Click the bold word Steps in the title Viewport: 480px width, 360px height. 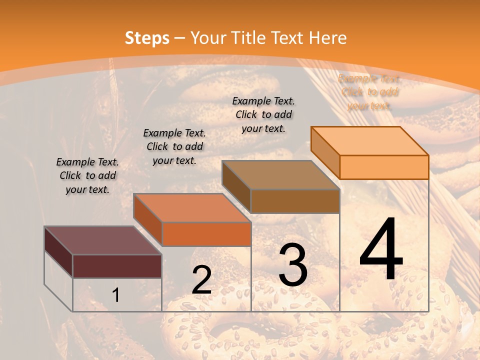pyautogui.click(x=147, y=38)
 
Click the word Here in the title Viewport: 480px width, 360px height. pyautogui.click(x=327, y=38)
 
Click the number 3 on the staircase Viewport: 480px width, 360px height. pyautogui.click(x=293, y=264)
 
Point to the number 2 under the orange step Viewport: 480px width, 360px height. pyautogui.click(x=201, y=280)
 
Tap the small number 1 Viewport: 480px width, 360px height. pyautogui.click(x=115, y=295)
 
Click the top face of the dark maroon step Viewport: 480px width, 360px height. pyautogui.click(x=102, y=240)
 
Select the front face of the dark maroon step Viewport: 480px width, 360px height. pyautogui.click(x=117, y=266)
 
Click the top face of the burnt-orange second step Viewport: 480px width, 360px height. pyautogui.click(x=191, y=208)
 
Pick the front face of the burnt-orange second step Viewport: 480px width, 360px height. pyautogui.click(x=206, y=234)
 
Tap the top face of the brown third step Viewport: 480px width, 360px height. pyautogui.click(x=280, y=175)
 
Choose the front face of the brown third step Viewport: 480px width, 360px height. pyautogui.click(x=295, y=201)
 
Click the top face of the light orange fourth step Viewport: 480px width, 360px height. pyautogui.click(x=369, y=141)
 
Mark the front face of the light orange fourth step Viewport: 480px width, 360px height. pyautogui.click(x=384, y=167)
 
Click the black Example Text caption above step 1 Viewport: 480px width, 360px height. pyautogui.click(x=87, y=175)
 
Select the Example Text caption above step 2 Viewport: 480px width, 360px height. pyautogui.click(x=174, y=146)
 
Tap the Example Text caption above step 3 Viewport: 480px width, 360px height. pyautogui.click(x=263, y=114)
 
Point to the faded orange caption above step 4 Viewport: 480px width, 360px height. pyautogui.click(x=369, y=92)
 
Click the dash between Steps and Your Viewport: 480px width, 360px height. pyautogui.click(x=180, y=38)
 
